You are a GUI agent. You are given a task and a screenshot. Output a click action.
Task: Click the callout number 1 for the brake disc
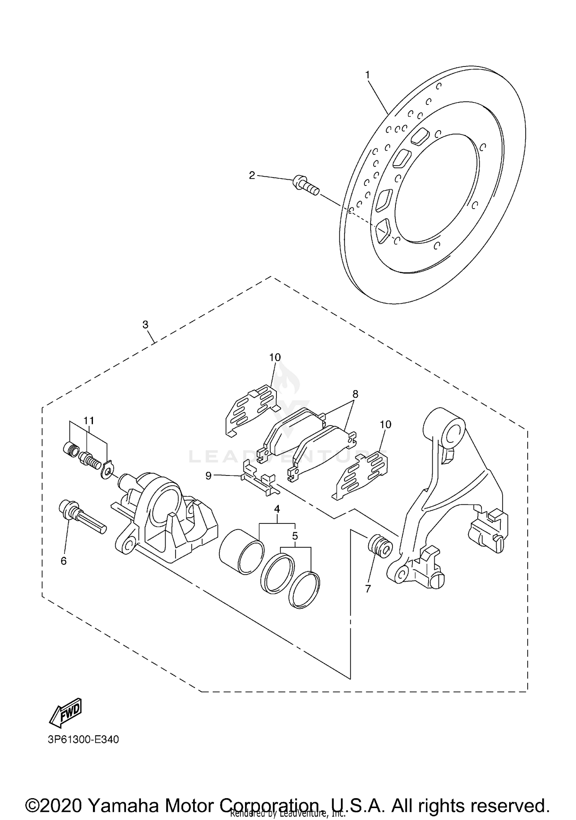click(367, 75)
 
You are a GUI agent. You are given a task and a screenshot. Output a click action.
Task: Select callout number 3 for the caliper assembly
click(145, 325)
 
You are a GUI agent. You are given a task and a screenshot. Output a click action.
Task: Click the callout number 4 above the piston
click(277, 509)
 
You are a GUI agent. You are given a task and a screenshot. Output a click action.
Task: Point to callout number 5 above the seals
click(295, 535)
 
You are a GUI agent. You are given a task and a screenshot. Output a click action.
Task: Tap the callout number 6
click(64, 561)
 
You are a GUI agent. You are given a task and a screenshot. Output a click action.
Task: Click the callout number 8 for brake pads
click(355, 394)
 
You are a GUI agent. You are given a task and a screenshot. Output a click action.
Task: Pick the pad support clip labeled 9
click(258, 479)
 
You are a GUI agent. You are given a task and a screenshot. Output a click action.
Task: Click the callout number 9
click(209, 476)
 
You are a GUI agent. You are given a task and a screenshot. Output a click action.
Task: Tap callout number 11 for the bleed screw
click(89, 421)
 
